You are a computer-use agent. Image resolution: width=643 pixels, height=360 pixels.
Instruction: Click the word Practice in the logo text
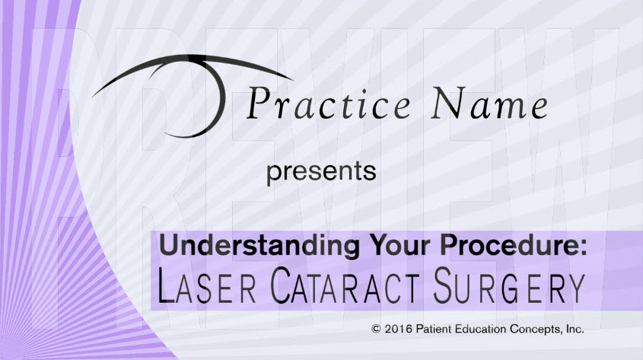328,104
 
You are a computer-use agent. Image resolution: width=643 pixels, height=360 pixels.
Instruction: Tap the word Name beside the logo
489,104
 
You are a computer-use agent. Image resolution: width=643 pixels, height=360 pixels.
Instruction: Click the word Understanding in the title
259,246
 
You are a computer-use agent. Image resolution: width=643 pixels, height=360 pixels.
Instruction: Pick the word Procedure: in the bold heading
514,246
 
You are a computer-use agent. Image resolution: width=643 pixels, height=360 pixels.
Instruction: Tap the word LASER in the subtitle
207,285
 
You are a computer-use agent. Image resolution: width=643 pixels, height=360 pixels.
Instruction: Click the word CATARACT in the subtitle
345,285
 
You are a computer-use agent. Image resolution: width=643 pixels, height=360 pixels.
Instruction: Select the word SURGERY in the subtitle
509,285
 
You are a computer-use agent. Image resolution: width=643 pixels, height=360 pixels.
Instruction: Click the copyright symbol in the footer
376,329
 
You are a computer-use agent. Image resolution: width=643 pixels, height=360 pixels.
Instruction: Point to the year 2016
399,329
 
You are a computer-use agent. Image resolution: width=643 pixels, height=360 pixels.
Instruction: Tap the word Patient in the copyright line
431,329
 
